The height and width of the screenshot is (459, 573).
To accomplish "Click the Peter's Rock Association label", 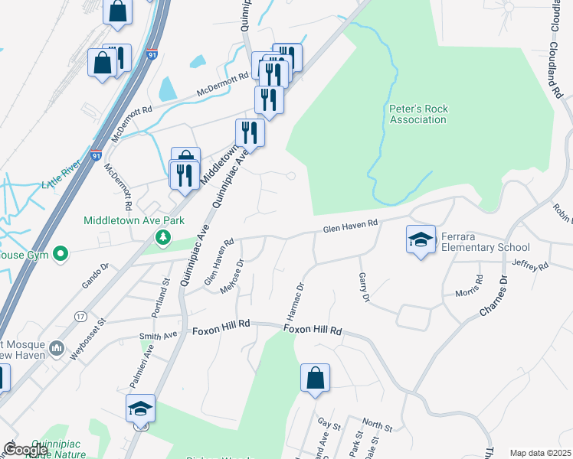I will [417, 114].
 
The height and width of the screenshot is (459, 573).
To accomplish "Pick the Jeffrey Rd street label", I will [532, 265].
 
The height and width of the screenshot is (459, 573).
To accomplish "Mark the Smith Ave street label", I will [158, 335].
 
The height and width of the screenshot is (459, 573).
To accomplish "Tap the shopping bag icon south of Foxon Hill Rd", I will [315, 378].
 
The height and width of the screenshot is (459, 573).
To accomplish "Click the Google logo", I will [25, 451].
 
